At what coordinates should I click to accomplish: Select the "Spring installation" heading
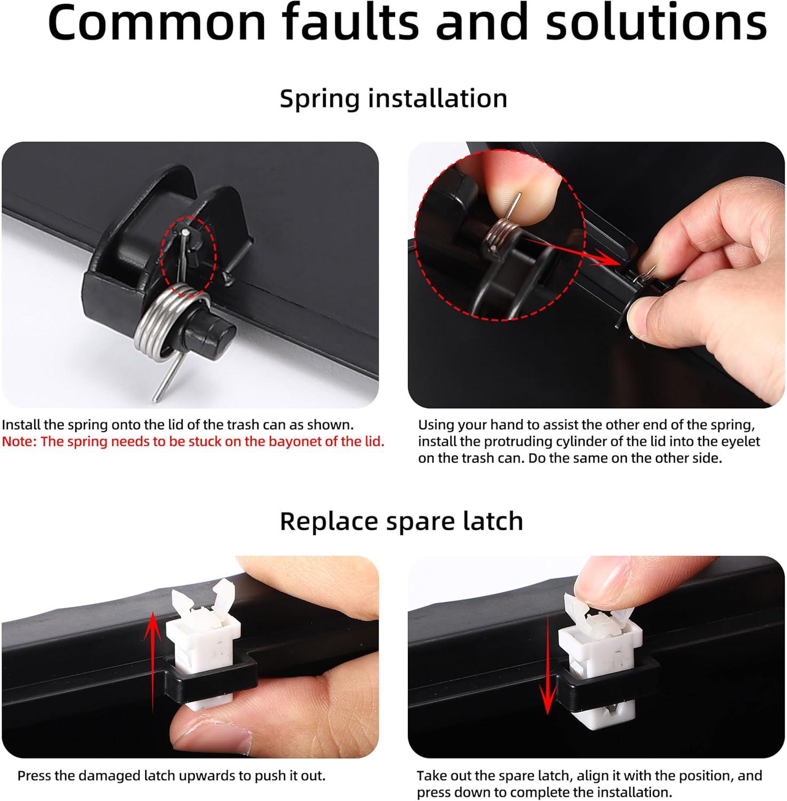tap(393, 99)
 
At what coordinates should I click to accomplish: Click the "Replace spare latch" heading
tap(402, 521)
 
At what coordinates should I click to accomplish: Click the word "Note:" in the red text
tap(19, 442)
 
